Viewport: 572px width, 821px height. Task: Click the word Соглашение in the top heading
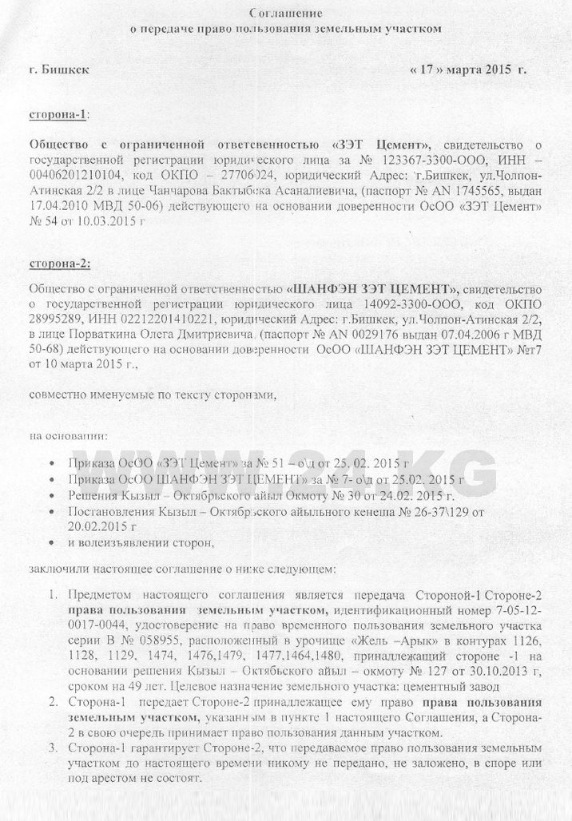click(x=285, y=14)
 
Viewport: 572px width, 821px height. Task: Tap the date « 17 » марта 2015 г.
click(x=468, y=69)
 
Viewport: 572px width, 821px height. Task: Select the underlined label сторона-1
click(x=59, y=113)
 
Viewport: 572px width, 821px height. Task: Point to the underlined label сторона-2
click(x=59, y=263)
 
